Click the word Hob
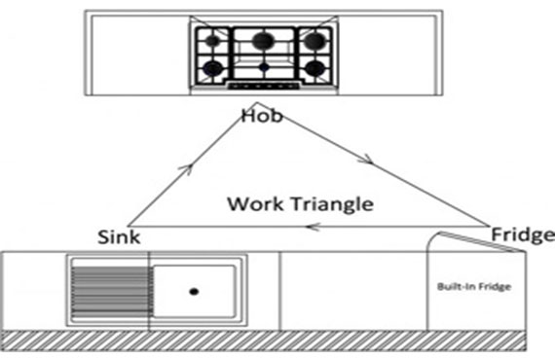262,116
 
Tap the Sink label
119,236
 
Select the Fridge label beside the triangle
523,234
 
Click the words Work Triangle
300,204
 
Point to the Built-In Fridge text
474,286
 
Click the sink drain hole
194,291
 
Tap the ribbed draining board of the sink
112,291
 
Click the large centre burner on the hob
263,41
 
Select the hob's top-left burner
212,41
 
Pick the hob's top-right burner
314,41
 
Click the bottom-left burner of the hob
213,68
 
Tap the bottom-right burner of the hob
314,68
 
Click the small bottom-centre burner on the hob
264,67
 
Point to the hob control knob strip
264,86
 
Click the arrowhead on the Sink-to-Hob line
187,169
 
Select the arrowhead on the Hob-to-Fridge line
366,160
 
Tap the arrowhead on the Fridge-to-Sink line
314,227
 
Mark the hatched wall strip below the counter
263,341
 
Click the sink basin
195,291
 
